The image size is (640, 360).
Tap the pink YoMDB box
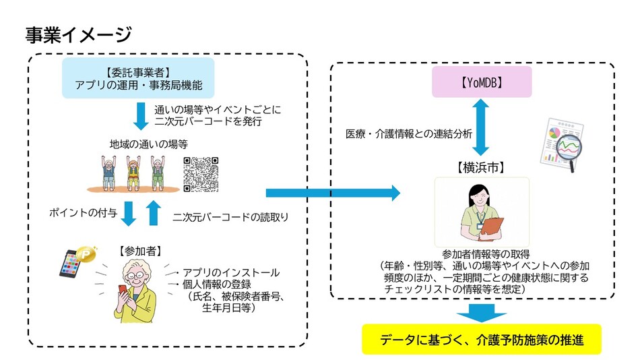click(482, 84)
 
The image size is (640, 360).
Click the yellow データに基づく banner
click(481, 339)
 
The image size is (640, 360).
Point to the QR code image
click(201, 174)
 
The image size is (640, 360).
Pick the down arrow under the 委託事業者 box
click(140, 115)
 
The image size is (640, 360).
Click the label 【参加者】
click(139, 251)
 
